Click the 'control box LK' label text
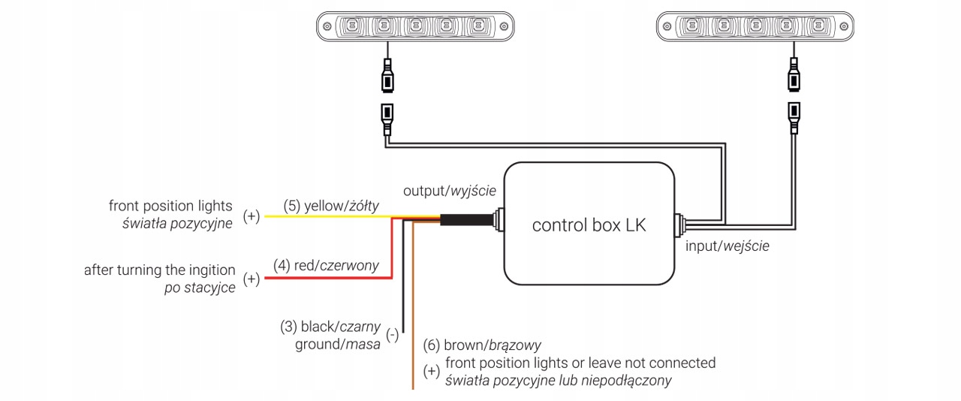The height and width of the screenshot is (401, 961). click(588, 225)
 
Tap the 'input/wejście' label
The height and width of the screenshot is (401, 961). click(728, 246)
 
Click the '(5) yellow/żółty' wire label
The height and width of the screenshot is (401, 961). click(331, 206)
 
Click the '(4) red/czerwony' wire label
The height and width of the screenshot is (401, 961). click(326, 265)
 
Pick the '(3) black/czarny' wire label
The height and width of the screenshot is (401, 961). click(330, 327)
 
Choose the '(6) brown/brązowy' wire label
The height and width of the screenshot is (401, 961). click(493, 345)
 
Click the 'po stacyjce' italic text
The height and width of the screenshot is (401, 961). click(200, 288)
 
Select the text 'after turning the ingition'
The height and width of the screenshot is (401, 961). click(159, 270)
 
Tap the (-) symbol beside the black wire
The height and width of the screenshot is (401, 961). click(392, 336)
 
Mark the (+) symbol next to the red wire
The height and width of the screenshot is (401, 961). click(251, 279)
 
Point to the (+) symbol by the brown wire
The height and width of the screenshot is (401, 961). click(431, 372)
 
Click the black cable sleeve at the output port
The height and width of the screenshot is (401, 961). click(465, 219)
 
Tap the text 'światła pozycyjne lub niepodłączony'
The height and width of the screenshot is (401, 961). click(558, 381)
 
